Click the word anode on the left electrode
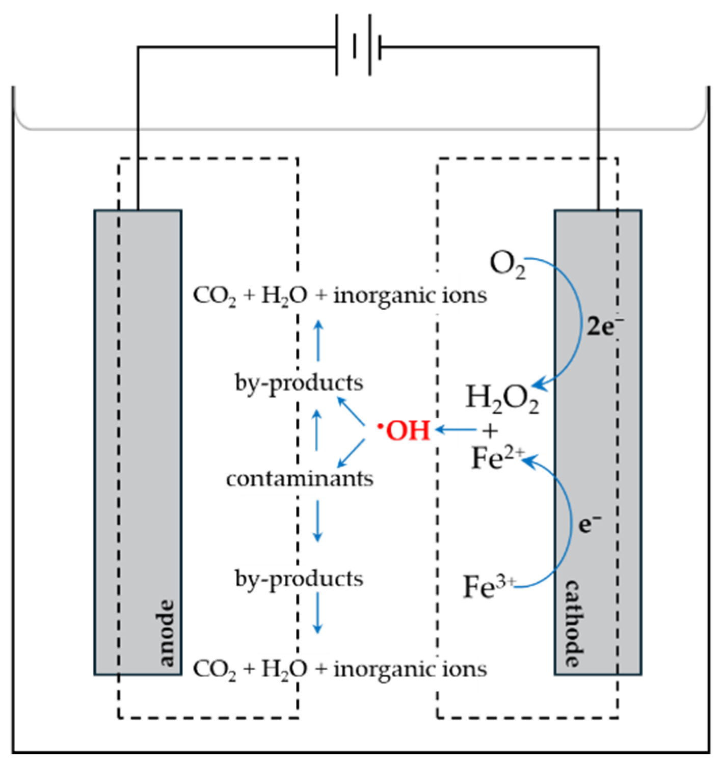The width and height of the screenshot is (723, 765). click(166, 633)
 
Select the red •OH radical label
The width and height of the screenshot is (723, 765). click(405, 431)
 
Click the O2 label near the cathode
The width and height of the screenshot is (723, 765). click(507, 265)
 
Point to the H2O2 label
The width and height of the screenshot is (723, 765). click(502, 399)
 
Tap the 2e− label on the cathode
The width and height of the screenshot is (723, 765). click(604, 326)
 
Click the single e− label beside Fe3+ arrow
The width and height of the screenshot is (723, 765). click(590, 523)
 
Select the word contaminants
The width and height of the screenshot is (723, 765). click(300, 479)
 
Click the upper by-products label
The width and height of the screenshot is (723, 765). click(299, 382)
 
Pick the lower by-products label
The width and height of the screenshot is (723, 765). click(299, 579)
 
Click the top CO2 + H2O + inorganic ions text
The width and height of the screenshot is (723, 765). click(340, 295)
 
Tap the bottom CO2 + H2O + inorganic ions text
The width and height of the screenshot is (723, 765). click(340, 669)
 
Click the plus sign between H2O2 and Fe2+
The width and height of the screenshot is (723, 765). click(490, 431)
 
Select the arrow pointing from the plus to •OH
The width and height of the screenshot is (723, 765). click(456, 430)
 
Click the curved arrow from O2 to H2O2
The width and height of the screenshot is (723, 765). click(578, 321)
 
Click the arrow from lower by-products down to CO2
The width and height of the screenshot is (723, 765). click(317, 614)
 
